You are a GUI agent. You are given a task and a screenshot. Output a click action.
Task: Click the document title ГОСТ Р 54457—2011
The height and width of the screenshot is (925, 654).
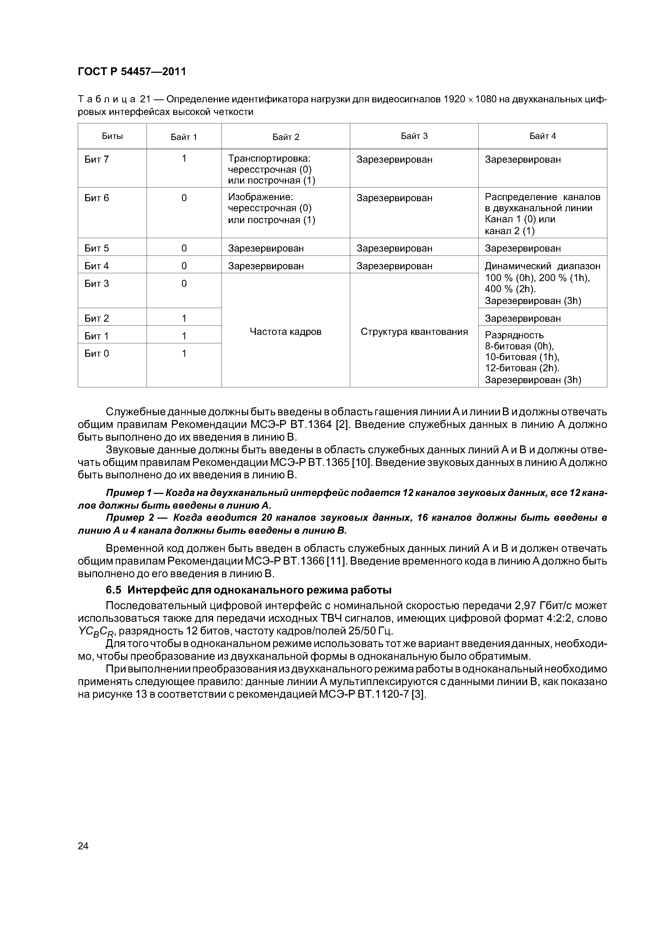pyautogui.click(x=132, y=72)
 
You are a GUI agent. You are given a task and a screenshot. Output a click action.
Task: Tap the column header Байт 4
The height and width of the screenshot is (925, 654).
pyautogui.click(x=542, y=136)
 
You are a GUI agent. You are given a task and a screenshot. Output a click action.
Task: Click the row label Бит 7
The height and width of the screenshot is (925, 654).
pyautogui.click(x=97, y=160)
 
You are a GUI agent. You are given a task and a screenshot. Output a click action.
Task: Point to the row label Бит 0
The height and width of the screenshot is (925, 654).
pyautogui.click(x=97, y=354)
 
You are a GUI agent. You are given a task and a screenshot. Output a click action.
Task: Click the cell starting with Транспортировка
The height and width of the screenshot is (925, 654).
pyautogui.click(x=272, y=169)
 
